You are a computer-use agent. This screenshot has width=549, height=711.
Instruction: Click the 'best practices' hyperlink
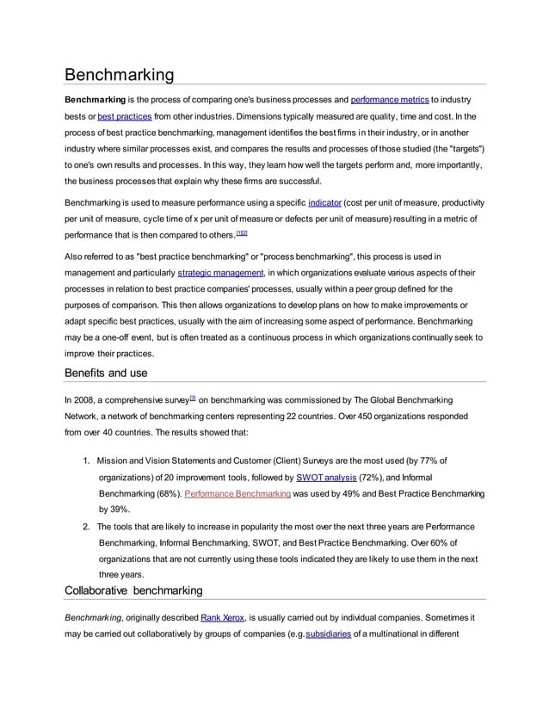coord(125,116)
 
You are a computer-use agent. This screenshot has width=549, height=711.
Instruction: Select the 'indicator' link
coord(324,202)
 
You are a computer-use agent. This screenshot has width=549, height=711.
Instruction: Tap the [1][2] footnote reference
coord(242,233)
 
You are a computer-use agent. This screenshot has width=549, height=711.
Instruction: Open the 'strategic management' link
coord(220,273)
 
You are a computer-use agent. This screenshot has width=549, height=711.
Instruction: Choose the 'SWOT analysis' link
coord(327,477)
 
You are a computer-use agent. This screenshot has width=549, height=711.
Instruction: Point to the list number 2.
coord(87,526)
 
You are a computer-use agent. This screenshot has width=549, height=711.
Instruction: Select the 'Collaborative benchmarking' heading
coord(133,590)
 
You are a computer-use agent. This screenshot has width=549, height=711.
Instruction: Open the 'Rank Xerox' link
coord(223,618)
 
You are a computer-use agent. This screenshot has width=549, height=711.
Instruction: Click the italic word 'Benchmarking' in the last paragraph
coord(94,618)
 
